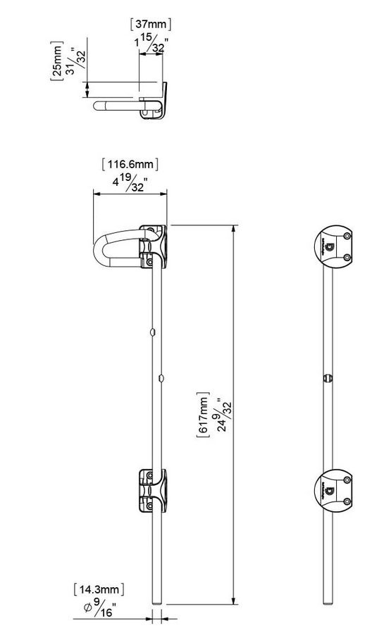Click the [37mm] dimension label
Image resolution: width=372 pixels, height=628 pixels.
click(151, 24)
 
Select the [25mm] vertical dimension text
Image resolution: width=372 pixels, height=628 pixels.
click(56, 62)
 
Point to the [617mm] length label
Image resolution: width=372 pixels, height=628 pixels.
click(204, 415)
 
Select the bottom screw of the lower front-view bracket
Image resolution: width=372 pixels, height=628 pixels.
click(347, 501)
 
